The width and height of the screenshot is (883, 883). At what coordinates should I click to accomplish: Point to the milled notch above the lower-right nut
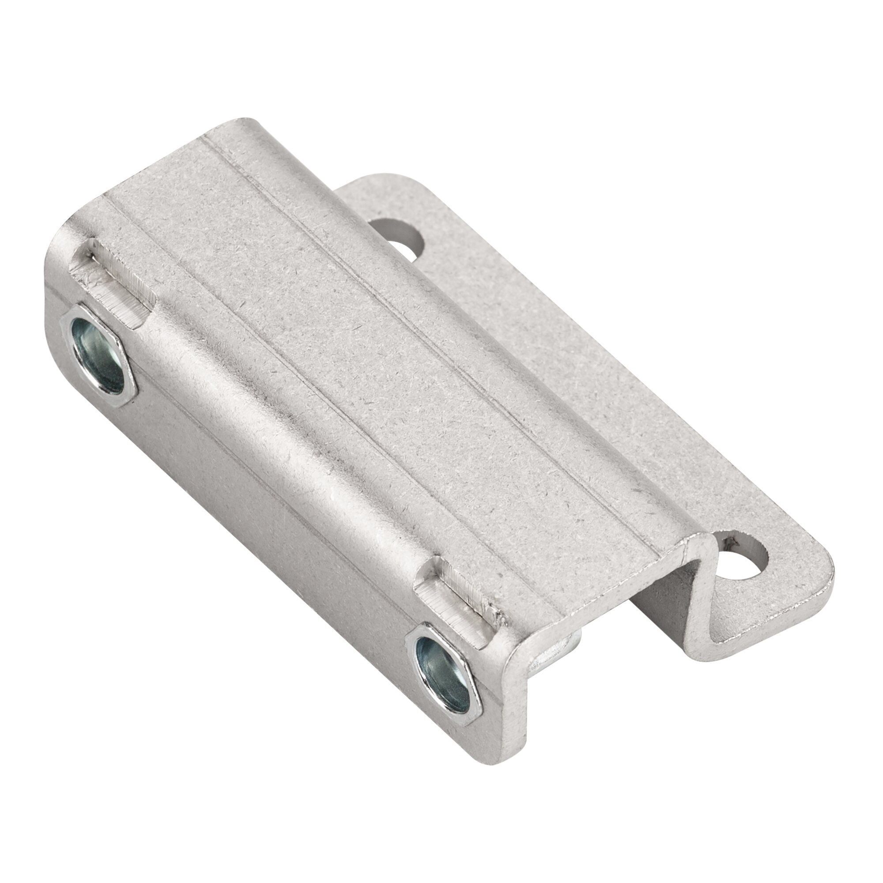[x=462, y=594]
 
